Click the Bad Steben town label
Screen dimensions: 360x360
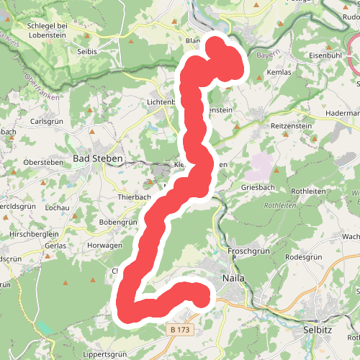(x=99, y=158)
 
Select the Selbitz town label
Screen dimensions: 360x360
(x=320, y=329)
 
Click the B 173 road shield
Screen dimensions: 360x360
(x=181, y=329)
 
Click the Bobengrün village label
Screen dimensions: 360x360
(x=119, y=222)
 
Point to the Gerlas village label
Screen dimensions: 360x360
(x=55, y=245)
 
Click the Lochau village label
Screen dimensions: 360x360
(x=56, y=207)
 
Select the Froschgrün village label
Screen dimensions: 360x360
(x=248, y=251)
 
